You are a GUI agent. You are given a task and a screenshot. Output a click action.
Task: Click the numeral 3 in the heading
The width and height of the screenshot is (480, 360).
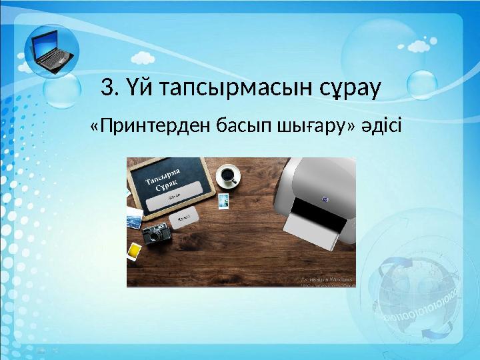(106, 87)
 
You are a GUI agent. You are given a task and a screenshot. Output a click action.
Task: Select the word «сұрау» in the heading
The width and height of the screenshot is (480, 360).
(348, 88)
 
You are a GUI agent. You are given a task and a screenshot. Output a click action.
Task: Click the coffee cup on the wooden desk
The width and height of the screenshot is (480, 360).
(229, 175)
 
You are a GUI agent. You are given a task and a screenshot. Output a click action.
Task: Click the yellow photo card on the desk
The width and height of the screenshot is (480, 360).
(134, 251)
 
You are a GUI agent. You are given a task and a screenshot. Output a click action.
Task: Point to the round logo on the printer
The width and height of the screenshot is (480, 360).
(325, 198)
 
